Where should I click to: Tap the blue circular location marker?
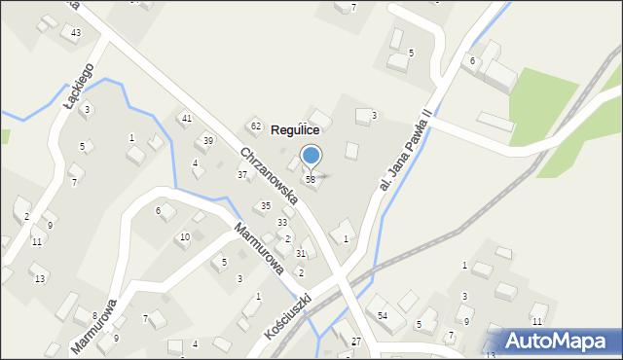click(311, 154)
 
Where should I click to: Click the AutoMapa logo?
click(553, 341)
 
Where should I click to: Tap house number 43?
click(75, 33)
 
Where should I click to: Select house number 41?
click(186, 118)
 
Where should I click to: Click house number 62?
click(255, 126)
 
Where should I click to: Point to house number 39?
click(207, 141)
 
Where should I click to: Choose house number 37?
click(242, 175)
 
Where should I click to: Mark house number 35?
click(265, 206)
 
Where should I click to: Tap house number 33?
click(281, 223)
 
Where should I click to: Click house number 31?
click(301, 253)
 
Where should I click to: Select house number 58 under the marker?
click(310, 179)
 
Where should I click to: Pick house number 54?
click(383, 315)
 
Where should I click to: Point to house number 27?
click(356, 342)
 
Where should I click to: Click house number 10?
click(185, 237)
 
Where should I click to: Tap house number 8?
click(94, 316)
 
